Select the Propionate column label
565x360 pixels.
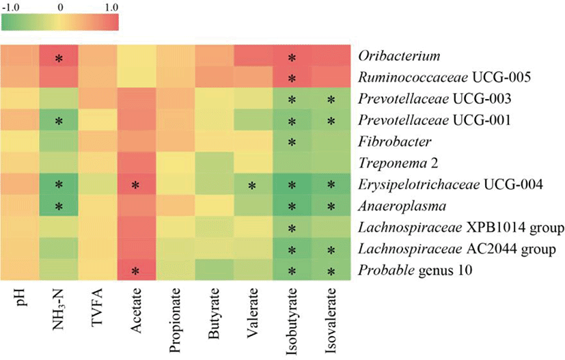click(x=176, y=316)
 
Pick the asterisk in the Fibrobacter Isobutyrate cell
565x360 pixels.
click(x=293, y=143)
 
